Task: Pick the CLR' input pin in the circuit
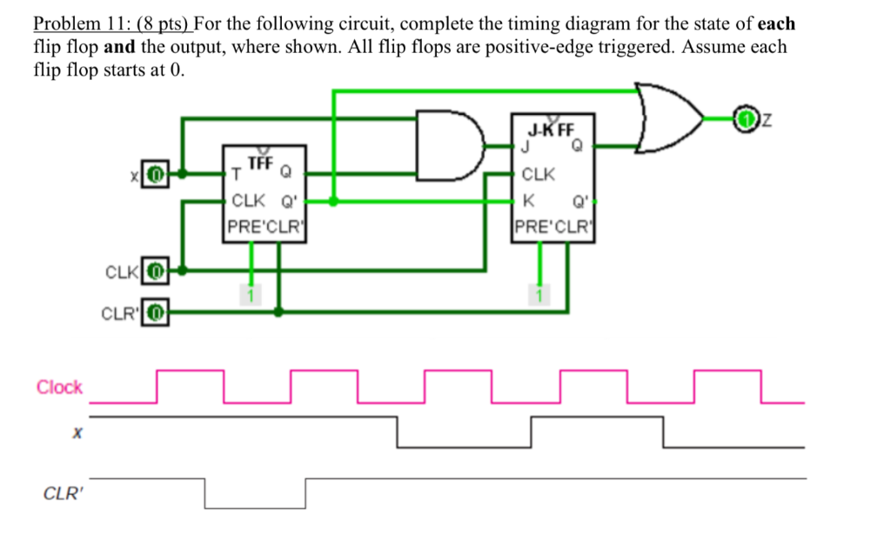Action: coord(155,310)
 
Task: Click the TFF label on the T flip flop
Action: coord(260,163)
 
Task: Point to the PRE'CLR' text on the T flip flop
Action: coord(263,230)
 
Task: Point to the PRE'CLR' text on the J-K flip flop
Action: coord(552,229)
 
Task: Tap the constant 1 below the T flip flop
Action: coord(251,297)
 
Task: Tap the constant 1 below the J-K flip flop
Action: coord(539,297)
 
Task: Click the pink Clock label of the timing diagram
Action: coord(59,388)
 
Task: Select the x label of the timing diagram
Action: coord(77,432)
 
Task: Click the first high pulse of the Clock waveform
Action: coord(190,371)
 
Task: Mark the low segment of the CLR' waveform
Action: coord(256,507)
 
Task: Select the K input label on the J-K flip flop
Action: coord(526,201)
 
